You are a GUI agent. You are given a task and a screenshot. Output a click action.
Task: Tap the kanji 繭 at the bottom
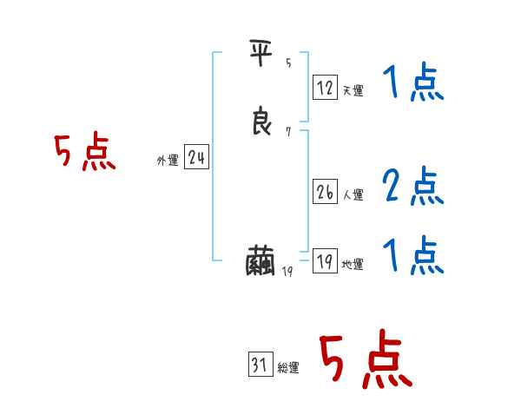click(x=261, y=261)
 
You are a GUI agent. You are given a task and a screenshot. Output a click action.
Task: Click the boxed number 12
click(x=325, y=87)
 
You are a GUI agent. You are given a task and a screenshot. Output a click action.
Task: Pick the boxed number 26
click(x=325, y=192)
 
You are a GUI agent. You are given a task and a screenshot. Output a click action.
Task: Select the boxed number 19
click(x=325, y=261)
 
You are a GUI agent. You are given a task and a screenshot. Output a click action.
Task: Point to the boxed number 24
click(x=196, y=157)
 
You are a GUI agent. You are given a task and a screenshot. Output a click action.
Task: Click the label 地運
click(x=353, y=265)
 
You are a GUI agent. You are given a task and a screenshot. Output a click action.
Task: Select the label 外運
click(x=168, y=161)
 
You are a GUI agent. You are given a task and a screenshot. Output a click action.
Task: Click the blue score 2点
click(x=413, y=185)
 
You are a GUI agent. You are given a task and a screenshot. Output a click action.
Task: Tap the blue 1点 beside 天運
click(x=413, y=83)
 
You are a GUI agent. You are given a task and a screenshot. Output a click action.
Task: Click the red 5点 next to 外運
click(x=85, y=153)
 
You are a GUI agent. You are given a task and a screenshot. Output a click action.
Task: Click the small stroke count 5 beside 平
click(x=288, y=63)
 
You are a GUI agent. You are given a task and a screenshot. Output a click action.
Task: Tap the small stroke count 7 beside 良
click(x=288, y=132)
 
